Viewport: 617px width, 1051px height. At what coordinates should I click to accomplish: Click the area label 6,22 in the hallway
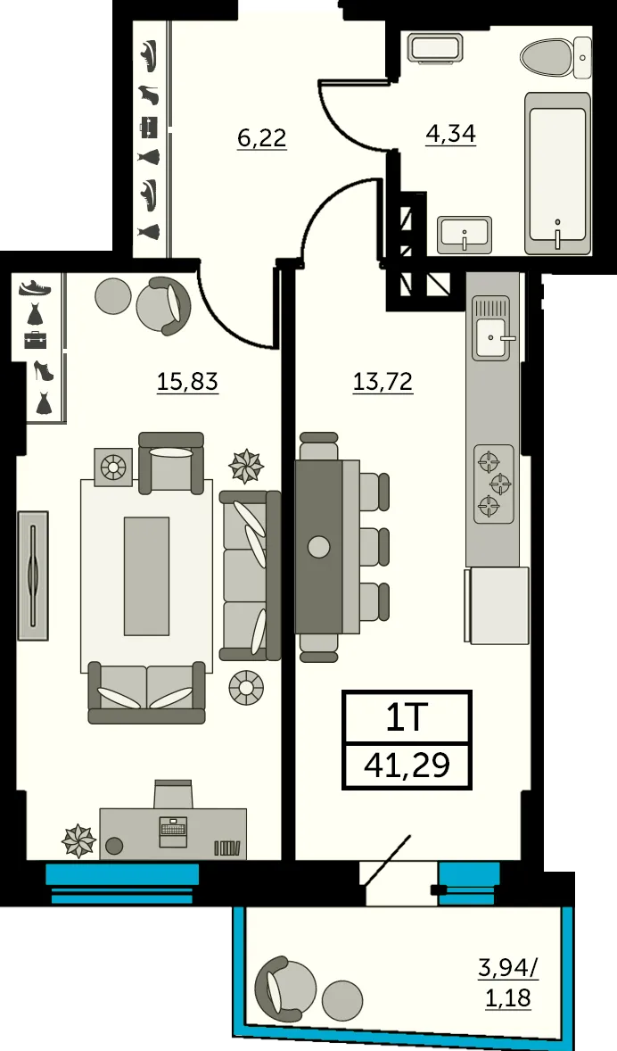262,138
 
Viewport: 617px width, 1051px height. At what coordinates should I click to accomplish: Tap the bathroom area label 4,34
451,134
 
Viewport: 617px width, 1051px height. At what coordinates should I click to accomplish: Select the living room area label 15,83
187,382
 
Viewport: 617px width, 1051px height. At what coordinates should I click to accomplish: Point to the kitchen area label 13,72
383,382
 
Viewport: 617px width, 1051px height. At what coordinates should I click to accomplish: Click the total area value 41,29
407,764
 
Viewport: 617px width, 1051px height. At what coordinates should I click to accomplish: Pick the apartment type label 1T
407,718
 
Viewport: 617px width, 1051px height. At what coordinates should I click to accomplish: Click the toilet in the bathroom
555,58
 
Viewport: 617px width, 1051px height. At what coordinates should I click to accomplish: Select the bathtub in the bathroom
557,173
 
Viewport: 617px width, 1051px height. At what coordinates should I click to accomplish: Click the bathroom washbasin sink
465,235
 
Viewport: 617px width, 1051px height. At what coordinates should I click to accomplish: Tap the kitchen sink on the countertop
494,337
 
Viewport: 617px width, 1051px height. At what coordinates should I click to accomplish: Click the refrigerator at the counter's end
498,605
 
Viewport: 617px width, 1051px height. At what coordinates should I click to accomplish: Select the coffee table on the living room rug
146,575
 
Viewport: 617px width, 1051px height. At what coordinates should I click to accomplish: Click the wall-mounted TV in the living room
33,575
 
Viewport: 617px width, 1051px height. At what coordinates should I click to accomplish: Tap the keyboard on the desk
174,825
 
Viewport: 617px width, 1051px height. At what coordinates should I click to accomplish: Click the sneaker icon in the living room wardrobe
35,287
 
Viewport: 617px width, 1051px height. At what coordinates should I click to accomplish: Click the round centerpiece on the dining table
319,547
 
